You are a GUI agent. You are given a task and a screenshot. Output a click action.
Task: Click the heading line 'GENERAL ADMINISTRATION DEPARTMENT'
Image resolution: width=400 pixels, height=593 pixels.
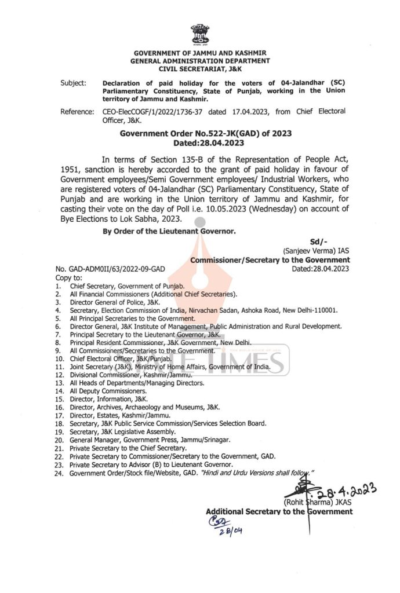(x=201, y=60)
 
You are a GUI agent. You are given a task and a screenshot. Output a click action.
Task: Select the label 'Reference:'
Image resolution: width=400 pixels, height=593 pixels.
(x=78, y=111)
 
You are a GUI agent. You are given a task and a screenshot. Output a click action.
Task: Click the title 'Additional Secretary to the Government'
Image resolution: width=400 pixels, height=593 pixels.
(x=279, y=511)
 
